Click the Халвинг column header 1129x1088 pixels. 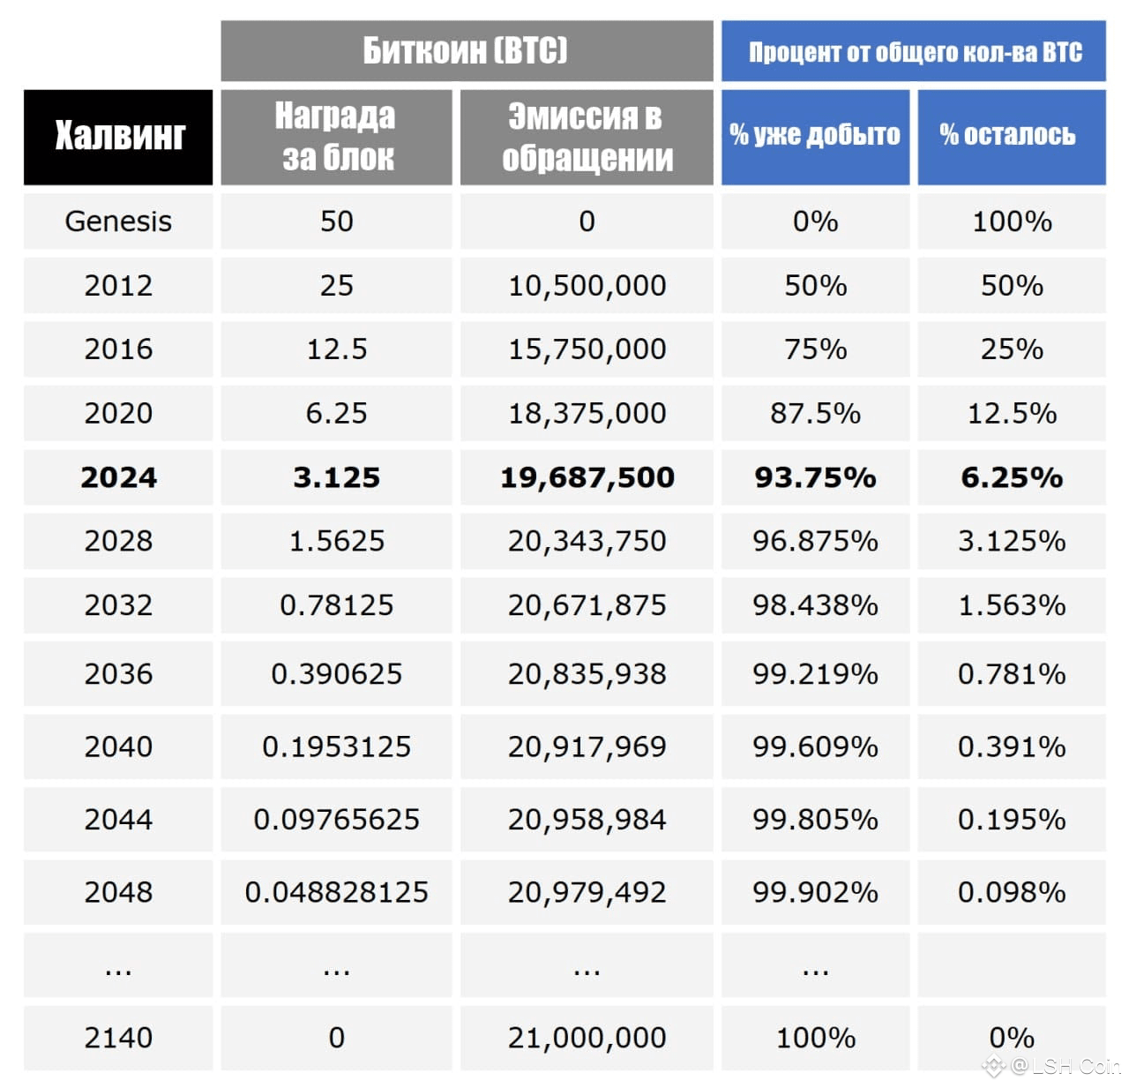pos(118,137)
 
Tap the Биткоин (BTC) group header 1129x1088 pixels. pos(466,50)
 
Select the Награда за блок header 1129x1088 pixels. pos(336,137)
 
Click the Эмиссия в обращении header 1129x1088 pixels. pos(587,137)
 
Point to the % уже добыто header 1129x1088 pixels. pos(815,135)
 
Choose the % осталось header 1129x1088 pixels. pos(1011,135)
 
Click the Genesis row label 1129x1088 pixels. pos(118,221)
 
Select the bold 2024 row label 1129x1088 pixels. pos(118,477)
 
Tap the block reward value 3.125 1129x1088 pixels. pos(336,477)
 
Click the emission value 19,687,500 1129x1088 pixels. pos(587,477)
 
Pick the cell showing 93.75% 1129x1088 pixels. pos(815,477)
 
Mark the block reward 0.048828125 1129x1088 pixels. pos(336,892)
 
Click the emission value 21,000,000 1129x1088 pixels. pos(587,1038)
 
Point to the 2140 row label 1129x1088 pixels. pos(118,1038)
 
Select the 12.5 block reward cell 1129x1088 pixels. pos(336,349)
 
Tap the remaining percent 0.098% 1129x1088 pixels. pos(1011,892)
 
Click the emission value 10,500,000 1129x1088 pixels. pos(587,285)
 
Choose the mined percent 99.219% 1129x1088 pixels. pos(815,674)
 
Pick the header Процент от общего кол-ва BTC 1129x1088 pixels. pos(914,52)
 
